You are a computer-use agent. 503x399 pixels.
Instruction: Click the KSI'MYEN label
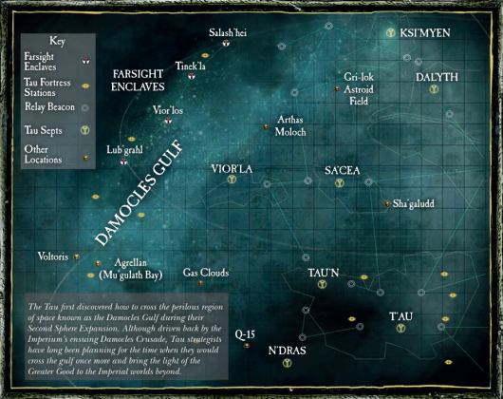pos(424,33)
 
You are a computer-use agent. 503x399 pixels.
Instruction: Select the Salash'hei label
pos(228,32)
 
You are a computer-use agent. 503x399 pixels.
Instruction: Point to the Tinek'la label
pos(192,65)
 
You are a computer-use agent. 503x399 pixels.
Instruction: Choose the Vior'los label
pos(169,110)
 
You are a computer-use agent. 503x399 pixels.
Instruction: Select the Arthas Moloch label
pos(291,126)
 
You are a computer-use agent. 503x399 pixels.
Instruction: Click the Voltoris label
pos(52,256)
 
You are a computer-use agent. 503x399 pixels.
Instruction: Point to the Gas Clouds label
pos(206,273)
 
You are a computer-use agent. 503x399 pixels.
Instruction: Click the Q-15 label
pos(246,333)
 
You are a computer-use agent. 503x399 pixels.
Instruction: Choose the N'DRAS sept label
pos(288,351)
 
